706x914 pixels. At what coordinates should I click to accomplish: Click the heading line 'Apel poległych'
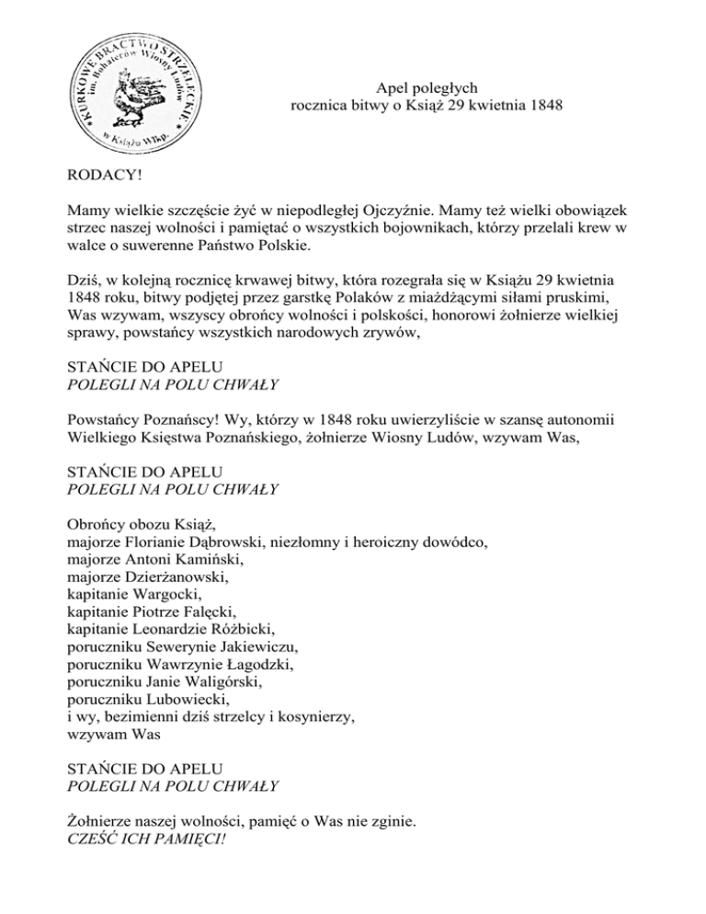[x=427, y=88]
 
